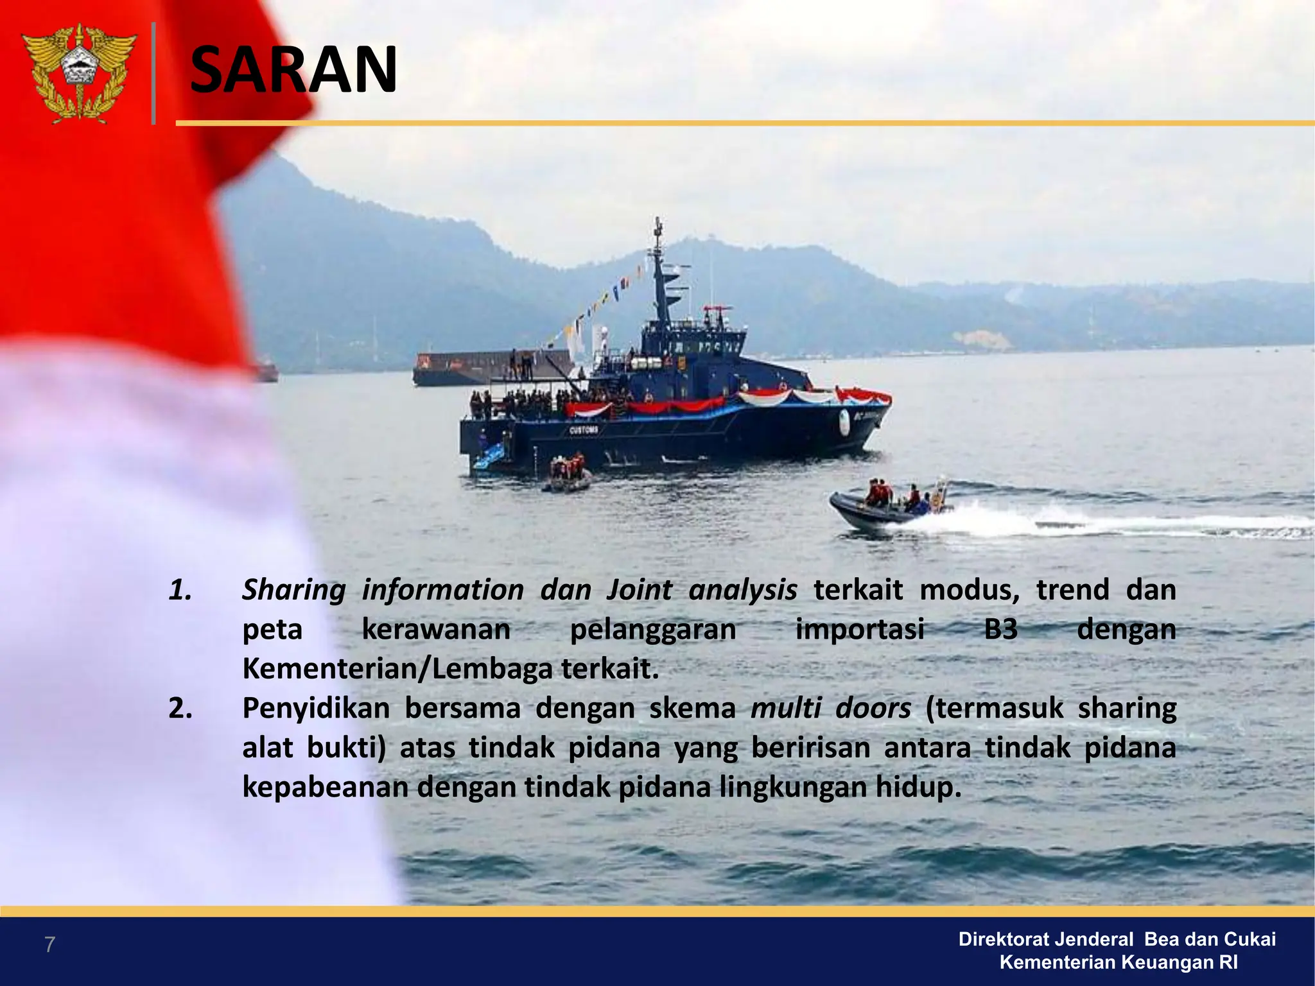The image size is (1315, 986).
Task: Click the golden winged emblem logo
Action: click(x=79, y=73)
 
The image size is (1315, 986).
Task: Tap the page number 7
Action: click(x=49, y=944)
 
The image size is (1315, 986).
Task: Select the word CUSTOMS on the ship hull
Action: click(x=584, y=430)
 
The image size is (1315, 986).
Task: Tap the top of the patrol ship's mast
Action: click(x=657, y=225)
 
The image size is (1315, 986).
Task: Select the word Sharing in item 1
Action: click(x=294, y=590)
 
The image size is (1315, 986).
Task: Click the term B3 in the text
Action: click(x=1000, y=629)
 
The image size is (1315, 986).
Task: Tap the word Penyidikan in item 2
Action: click(x=316, y=708)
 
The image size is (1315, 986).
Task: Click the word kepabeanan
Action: click(x=325, y=787)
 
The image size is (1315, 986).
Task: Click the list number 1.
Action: click(x=180, y=590)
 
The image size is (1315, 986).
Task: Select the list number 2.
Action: click(x=180, y=708)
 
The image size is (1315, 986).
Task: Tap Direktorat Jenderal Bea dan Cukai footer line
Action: click(x=1117, y=939)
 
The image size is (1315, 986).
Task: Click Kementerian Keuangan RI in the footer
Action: click(x=1119, y=962)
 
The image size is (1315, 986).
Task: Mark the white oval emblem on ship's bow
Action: click(x=844, y=420)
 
